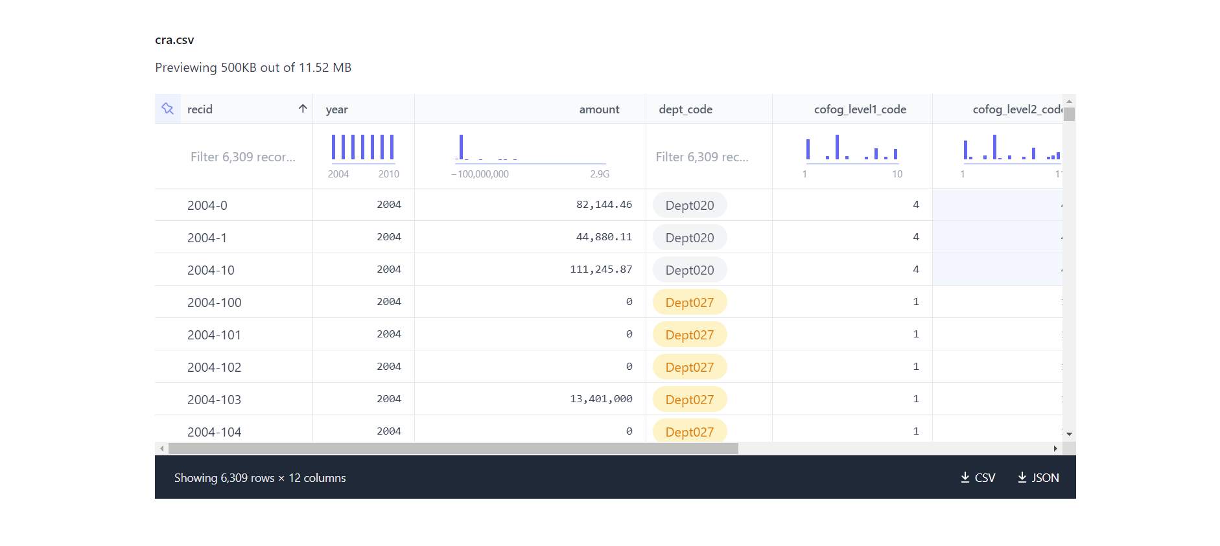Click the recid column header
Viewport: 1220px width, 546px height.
coord(200,109)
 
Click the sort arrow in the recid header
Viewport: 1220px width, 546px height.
coord(303,109)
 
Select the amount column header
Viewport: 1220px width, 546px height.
coord(599,109)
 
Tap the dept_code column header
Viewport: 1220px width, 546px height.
coord(685,109)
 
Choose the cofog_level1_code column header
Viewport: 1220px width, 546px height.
coord(860,109)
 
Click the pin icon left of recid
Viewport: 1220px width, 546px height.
coord(168,109)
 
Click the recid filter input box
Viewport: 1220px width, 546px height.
coord(242,157)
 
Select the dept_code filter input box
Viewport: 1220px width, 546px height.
coord(701,157)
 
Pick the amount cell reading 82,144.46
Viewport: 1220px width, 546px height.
coord(604,205)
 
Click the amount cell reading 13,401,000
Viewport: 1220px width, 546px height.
coord(601,399)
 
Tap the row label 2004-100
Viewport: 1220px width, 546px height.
coord(214,302)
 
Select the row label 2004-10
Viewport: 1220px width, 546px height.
coord(211,270)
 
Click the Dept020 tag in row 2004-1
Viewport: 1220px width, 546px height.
coord(689,238)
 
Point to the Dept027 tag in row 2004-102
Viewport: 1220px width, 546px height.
coord(689,367)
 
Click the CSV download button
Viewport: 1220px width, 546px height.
coord(978,478)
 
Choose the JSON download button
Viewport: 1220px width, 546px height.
coord(1038,478)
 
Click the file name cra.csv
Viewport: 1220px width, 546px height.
coord(174,40)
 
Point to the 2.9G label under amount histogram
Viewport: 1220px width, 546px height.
coord(599,174)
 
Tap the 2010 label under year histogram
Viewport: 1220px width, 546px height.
coord(388,174)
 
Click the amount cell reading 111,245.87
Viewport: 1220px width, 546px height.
coord(601,269)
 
